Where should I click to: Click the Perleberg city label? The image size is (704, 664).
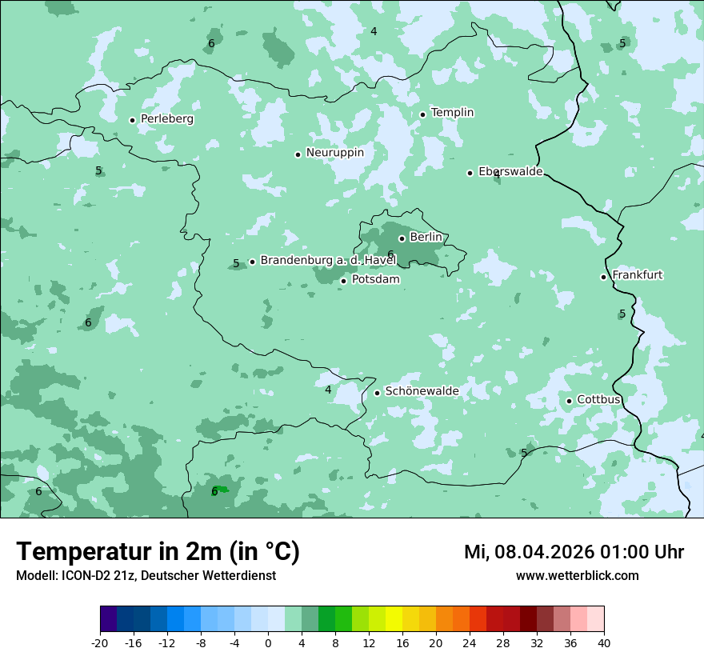coord(166,119)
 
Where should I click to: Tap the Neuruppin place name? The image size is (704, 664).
coord(334,153)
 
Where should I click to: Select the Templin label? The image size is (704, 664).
coord(452,113)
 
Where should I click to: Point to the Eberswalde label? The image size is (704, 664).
coord(510,172)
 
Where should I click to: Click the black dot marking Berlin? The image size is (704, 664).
coord(402,238)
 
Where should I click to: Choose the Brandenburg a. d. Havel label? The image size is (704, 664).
coord(328,261)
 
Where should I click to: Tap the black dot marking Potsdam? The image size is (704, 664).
coord(343,281)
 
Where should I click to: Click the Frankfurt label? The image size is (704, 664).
coord(637,275)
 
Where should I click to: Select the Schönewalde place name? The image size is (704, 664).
coord(422,391)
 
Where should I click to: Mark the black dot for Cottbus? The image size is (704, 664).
coord(569,401)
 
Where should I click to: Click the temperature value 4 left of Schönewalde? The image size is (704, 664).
coord(328,390)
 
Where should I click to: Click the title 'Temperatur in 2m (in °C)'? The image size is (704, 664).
coord(158,552)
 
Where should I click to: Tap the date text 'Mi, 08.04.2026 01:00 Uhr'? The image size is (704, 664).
coord(574,552)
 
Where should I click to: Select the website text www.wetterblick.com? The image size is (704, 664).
coord(577,576)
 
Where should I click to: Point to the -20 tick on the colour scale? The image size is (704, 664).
coord(100,642)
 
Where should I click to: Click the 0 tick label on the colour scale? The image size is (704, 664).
coord(268,642)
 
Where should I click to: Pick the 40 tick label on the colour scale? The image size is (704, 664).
coord(604,642)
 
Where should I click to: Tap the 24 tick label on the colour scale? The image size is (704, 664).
coord(470,642)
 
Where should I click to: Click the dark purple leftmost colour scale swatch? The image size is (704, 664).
coord(108,619)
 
